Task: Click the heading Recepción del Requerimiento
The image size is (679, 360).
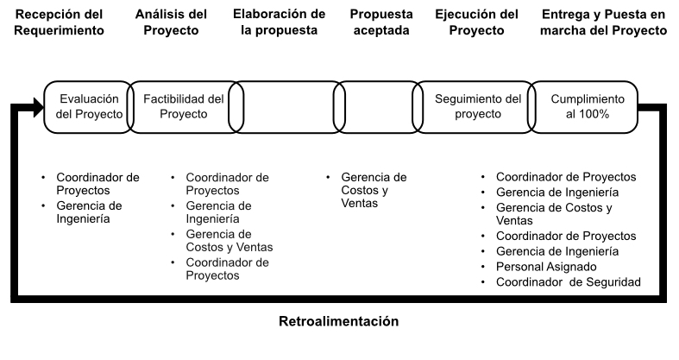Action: [59, 22]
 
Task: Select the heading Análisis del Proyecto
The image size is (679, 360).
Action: [171, 22]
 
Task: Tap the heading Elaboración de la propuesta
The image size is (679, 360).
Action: [279, 22]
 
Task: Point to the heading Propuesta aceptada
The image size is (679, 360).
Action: [381, 22]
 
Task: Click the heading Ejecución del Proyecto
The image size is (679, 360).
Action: [476, 22]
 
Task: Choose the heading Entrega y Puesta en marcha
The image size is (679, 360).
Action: [603, 22]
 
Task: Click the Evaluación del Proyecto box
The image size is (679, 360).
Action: [89, 106]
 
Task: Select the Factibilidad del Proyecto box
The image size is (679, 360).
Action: [184, 106]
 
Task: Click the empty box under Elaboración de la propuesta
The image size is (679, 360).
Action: [286, 106]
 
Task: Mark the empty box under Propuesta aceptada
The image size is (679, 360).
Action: [378, 106]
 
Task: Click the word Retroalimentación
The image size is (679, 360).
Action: [338, 321]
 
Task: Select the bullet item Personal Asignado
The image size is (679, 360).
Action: [546, 267]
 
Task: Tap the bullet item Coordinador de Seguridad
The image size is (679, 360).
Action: [569, 282]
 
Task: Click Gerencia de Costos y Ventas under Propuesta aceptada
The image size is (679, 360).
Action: [374, 190]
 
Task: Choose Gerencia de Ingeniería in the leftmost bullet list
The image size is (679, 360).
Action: [89, 212]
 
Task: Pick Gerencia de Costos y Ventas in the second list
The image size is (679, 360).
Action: [229, 241]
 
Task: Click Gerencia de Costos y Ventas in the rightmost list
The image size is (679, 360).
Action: [554, 214]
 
